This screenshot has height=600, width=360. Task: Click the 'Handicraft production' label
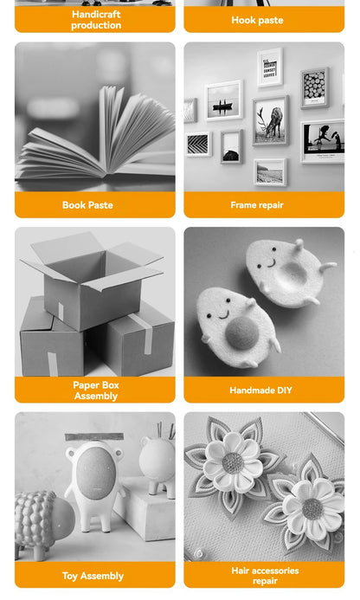95,20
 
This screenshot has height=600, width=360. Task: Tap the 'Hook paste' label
257,20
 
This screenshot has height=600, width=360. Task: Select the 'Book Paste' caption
87,205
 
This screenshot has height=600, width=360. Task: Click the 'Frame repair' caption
257,205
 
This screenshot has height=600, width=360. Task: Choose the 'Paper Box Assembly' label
95,390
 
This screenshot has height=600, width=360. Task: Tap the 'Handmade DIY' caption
260,390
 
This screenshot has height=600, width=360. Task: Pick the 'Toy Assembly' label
93,576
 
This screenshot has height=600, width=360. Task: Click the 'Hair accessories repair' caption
265,576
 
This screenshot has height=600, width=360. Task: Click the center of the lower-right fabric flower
312,507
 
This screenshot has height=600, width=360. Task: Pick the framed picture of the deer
270,120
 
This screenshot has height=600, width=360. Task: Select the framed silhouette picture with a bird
322,141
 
